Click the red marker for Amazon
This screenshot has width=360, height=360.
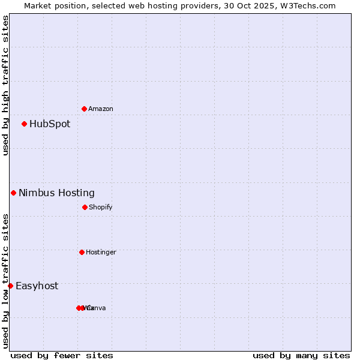(84, 109)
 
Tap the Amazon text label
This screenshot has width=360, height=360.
(101, 109)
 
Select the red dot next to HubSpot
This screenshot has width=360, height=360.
(25, 124)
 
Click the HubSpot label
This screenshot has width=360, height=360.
(50, 124)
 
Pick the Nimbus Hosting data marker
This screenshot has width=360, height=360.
(13, 193)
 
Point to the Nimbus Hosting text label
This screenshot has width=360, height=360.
(56, 193)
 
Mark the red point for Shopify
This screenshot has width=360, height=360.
(85, 207)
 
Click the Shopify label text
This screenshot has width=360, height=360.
(101, 208)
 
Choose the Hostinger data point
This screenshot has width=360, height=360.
(82, 252)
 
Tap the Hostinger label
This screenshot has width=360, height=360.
(101, 253)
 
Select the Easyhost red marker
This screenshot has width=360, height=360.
(10, 286)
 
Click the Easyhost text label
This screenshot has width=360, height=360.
(37, 286)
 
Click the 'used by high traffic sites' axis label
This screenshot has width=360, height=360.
(5, 85)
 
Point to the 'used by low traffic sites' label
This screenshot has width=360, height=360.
(5, 281)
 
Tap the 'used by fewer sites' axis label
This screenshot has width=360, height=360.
(62, 355)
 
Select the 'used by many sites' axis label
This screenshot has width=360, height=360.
(301, 355)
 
